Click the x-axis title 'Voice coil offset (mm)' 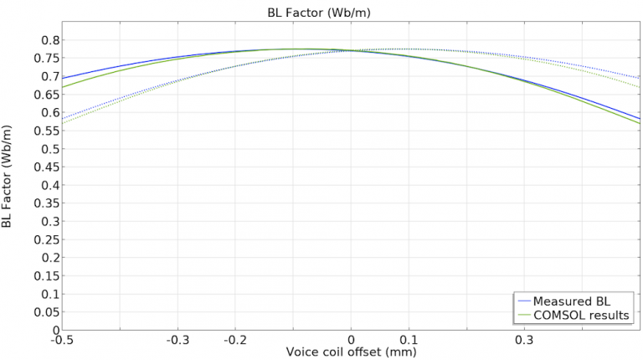[350, 352]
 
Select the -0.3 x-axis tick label [177, 340]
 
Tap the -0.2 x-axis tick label [234, 340]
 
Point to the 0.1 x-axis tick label [409, 340]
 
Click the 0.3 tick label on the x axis [525, 340]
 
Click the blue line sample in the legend [526, 301]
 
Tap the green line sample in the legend [526, 315]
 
